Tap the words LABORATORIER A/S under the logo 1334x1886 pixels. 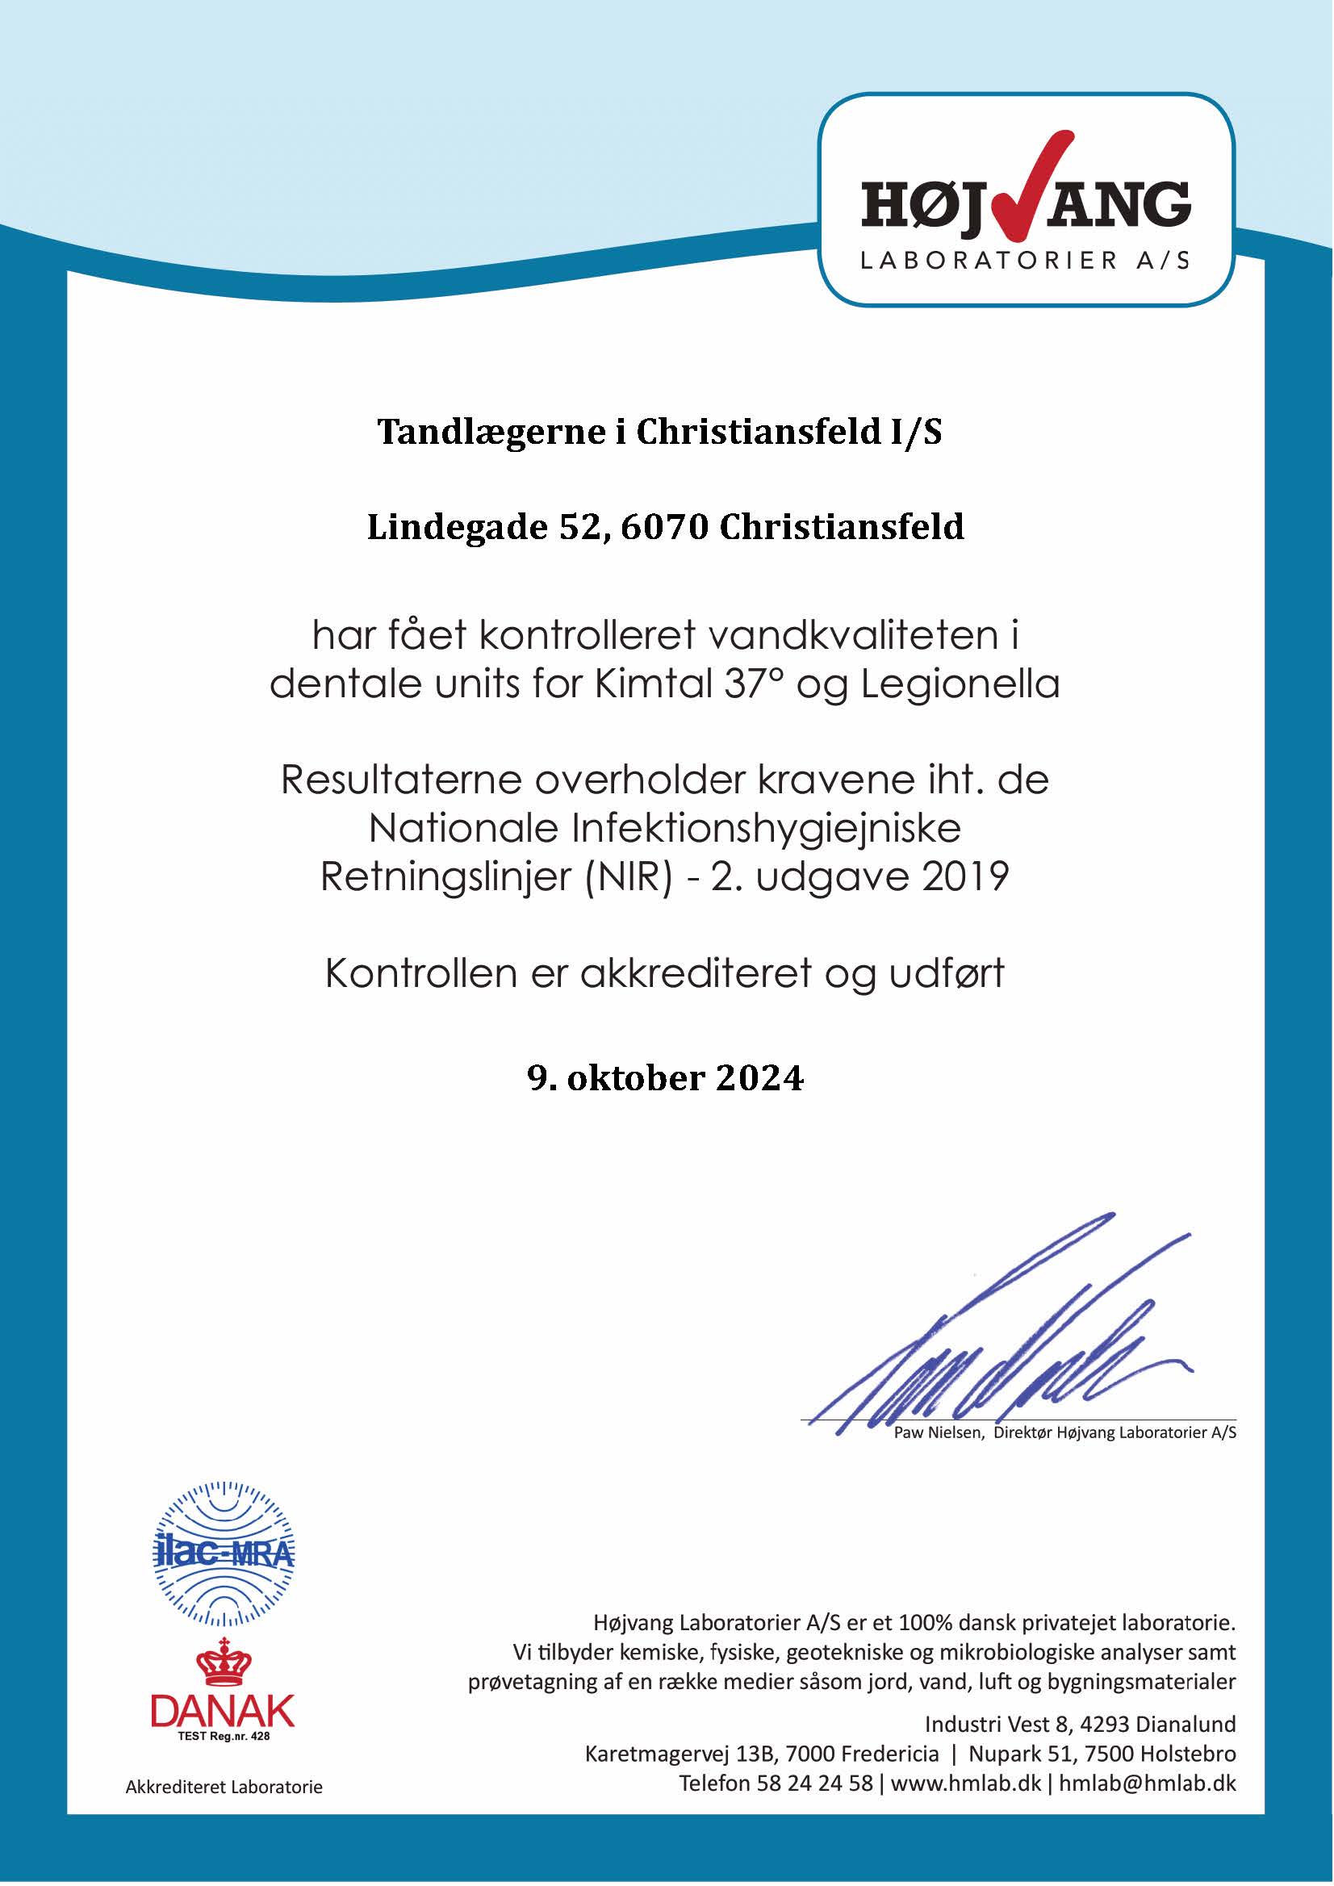tap(1024, 261)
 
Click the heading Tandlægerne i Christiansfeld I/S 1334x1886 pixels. tap(659, 432)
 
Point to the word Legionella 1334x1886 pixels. tap(960, 684)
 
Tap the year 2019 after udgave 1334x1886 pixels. tap(965, 877)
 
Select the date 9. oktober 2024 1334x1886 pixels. tap(665, 1077)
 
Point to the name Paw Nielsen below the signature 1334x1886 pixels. tap(939, 1433)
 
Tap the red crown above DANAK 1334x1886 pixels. tap(224, 1662)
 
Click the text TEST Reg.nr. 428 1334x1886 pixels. tap(224, 1737)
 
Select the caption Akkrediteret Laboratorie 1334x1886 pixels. tap(224, 1787)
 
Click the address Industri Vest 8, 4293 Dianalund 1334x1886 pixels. tap(1079, 1723)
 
